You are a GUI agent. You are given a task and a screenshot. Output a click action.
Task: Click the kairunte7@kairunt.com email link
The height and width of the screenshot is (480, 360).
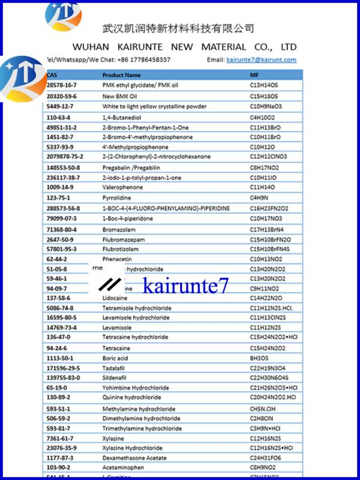coord(260,60)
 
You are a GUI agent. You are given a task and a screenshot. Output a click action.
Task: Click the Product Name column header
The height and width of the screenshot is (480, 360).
coord(122,75)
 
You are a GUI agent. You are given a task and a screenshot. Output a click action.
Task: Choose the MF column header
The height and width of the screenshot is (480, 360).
coord(254,75)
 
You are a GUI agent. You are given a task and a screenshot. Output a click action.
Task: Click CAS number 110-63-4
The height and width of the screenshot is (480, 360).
coord(58,117)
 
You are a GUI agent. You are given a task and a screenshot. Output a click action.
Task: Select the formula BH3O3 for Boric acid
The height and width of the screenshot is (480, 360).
coord(259,358)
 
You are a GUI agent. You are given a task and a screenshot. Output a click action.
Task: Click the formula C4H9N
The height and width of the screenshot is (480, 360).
coord(259,197)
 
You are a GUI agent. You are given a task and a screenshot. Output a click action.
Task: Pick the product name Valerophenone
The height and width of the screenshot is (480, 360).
coord(121,187)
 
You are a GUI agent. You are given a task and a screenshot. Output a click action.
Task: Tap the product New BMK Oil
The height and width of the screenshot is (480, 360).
coord(120,96)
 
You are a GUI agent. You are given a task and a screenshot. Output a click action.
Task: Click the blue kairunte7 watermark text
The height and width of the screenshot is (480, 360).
coord(185,286)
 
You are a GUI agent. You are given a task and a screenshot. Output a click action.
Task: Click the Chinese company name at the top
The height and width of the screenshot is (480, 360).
coord(178,28)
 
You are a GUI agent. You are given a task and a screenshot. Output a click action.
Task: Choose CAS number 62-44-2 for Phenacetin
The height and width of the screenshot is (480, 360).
coord(56,259)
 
